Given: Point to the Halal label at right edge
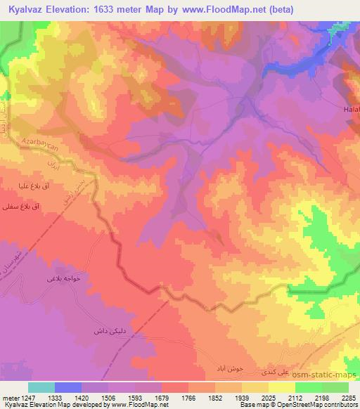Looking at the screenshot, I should pos(352,110).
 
